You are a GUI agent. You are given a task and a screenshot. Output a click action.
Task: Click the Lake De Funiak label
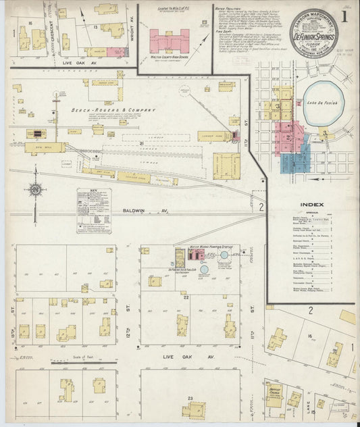pos(324,101)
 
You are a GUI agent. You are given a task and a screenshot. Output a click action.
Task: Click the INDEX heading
pos(313,204)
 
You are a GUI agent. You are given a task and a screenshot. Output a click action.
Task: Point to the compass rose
pos(36,191)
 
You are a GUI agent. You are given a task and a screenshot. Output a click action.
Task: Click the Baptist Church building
pos(274,396)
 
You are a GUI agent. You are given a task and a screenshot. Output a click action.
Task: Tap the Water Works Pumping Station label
pos(203,247)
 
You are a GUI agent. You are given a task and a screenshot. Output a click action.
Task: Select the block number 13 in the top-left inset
pos(96,26)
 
